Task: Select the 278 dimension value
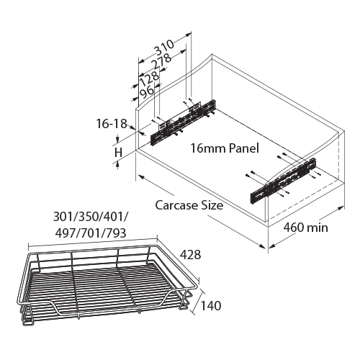tap(161, 61)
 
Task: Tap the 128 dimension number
tap(149, 78)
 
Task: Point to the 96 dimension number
tap(147, 92)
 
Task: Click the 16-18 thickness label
tap(112, 124)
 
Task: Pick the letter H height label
tap(118, 153)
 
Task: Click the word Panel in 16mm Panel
tap(244, 148)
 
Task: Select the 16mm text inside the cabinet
tap(208, 148)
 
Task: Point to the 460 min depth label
tap(306, 228)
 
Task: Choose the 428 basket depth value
tap(190, 255)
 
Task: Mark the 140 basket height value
tap(210, 306)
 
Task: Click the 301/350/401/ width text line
tap(91, 217)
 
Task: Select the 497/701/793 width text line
tap(91, 233)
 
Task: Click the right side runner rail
tap(283, 182)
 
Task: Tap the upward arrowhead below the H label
tap(117, 163)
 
